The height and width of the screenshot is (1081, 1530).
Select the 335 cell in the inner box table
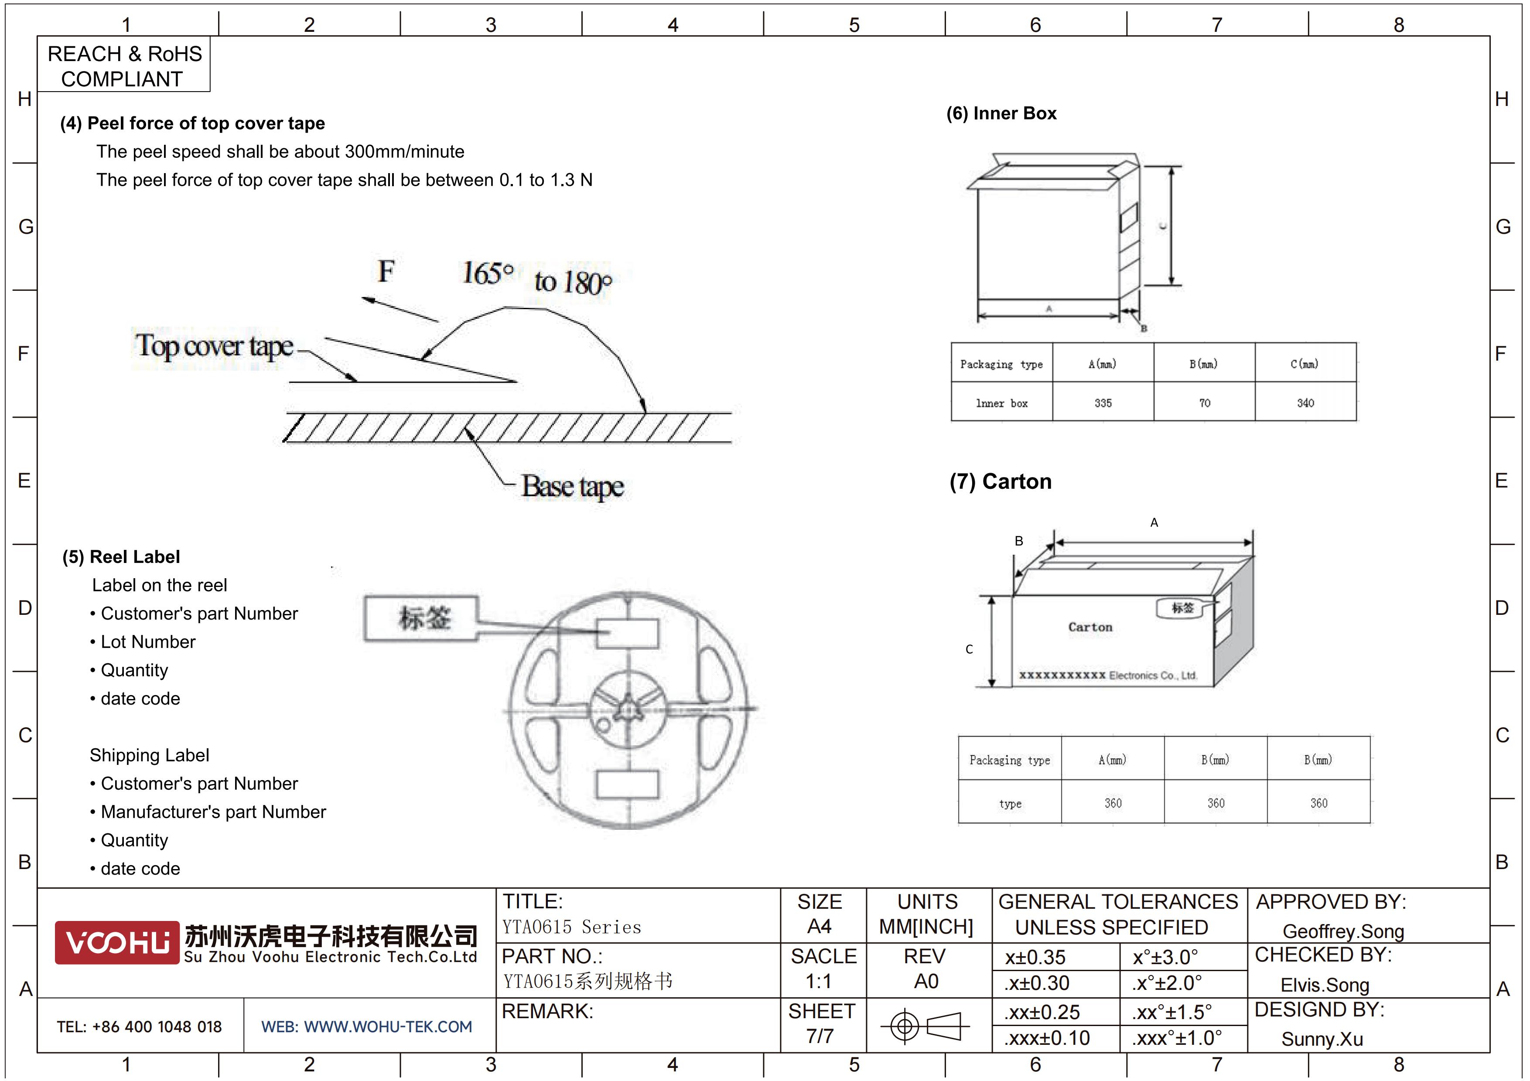[1103, 403]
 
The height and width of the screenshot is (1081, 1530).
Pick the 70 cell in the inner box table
[1204, 403]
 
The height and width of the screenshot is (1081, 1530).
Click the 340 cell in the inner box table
[1305, 403]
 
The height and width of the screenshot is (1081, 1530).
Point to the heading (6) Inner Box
[1001, 113]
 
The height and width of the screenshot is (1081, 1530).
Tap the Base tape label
[572, 487]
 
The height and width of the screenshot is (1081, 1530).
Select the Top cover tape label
[214, 346]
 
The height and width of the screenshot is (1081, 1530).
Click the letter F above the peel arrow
[386, 271]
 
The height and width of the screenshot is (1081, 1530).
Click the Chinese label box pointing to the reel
[421, 618]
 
